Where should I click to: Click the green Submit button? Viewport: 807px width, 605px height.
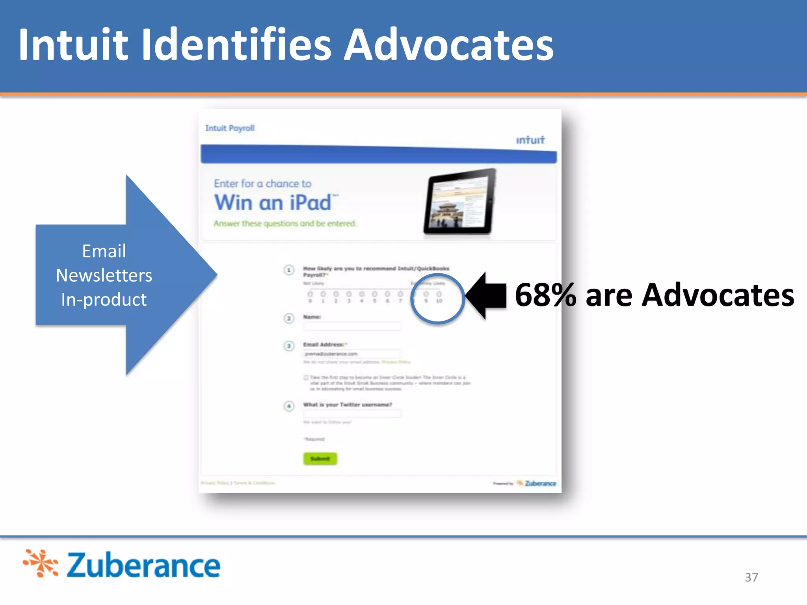[320, 458]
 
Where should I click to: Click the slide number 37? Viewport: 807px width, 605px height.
[751, 577]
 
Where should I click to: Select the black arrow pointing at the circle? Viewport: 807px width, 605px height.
[487, 295]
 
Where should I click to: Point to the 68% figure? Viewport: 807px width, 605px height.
[545, 295]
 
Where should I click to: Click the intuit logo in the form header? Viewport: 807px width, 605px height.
[530, 140]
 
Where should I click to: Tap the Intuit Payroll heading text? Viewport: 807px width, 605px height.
[230, 128]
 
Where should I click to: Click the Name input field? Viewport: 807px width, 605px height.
[351, 326]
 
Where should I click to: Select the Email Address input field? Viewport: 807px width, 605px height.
[351, 354]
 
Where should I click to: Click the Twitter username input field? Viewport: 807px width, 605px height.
[351, 413]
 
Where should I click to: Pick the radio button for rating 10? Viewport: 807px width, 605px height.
[439, 294]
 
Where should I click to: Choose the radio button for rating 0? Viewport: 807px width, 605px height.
[310, 294]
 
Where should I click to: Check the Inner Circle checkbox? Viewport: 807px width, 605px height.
[306, 377]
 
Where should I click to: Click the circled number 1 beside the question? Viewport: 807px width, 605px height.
[289, 270]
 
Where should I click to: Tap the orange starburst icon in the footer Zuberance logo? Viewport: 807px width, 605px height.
[41, 563]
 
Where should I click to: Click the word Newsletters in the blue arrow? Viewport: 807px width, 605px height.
[104, 275]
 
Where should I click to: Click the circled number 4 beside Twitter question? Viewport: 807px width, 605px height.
[289, 406]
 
